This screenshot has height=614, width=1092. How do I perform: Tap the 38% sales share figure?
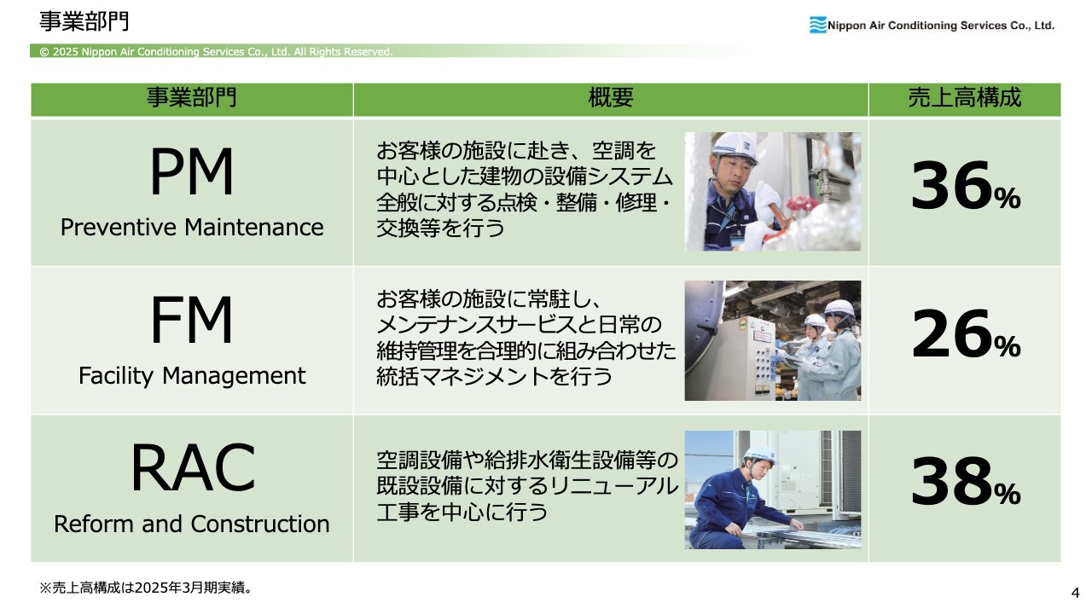pyautogui.click(x=965, y=482)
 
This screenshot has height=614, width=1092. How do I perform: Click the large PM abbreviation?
pyautogui.click(x=192, y=171)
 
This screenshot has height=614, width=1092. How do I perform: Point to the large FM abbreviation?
pyautogui.click(x=192, y=319)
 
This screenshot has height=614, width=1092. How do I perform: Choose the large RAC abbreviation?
pyautogui.click(x=192, y=467)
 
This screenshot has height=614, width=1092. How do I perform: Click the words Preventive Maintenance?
pyautogui.click(x=192, y=227)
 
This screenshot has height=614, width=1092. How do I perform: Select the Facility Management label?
pyautogui.click(x=192, y=376)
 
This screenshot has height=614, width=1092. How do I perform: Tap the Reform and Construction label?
pyautogui.click(x=192, y=524)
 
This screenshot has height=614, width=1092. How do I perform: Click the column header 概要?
pyautogui.click(x=610, y=97)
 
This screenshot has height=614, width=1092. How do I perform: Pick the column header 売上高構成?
pyautogui.click(x=964, y=97)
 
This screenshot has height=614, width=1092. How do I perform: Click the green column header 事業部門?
pyautogui.click(x=192, y=97)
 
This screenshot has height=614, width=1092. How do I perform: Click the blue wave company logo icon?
pyautogui.click(x=817, y=25)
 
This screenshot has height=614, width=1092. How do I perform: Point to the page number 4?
pyautogui.click(x=1076, y=593)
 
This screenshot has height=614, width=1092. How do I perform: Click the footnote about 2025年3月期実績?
pyautogui.click(x=146, y=588)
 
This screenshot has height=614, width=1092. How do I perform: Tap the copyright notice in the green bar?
pyautogui.click(x=216, y=52)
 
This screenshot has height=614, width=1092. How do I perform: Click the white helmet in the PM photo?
pyautogui.click(x=735, y=148)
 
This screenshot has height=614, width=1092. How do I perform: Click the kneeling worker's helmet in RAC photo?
pyautogui.click(x=759, y=455)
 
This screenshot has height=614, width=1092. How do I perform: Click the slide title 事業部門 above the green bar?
pyautogui.click(x=84, y=21)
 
